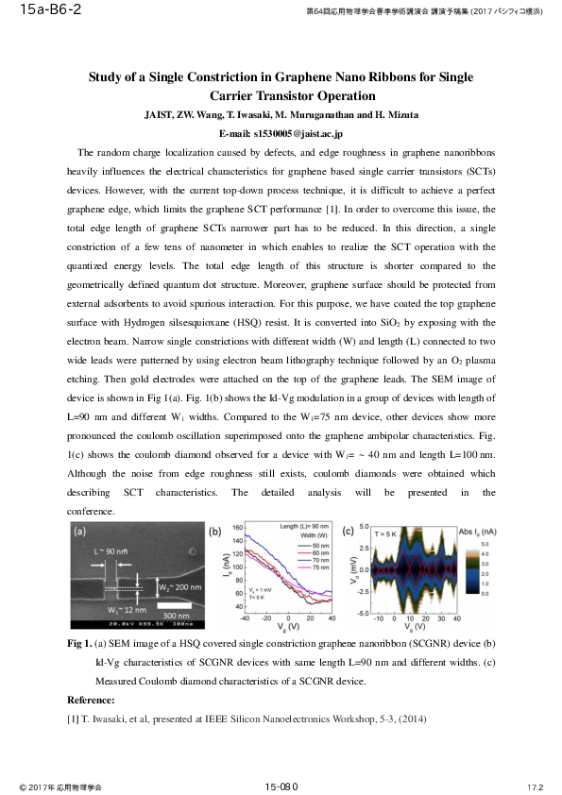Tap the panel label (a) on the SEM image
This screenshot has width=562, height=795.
pyautogui.click(x=81, y=531)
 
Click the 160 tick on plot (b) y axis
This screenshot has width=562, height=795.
pyautogui.click(x=237, y=527)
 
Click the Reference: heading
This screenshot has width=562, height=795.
pyautogui.click(x=92, y=700)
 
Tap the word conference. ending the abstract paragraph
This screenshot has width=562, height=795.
pyautogui.click(x=90, y=511)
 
